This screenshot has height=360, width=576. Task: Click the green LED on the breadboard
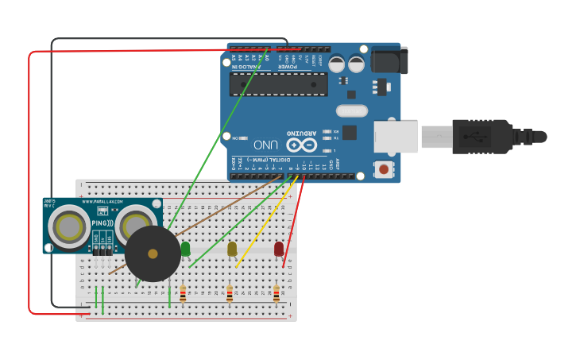(185, 250)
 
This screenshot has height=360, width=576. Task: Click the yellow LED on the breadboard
(232, 250)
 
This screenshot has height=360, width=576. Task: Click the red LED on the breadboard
(279, 250)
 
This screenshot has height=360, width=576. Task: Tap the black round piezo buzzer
(153, 254)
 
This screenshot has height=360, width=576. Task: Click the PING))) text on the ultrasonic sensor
(102, 224)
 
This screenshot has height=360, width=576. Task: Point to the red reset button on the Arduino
(385, 168)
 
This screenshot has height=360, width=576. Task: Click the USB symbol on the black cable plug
(481, 136)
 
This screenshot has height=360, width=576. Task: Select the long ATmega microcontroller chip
(279, 84)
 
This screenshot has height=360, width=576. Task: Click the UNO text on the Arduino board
(266, 145)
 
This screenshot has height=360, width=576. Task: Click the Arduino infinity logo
(302, 145)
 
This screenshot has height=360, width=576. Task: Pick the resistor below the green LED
(183, 293)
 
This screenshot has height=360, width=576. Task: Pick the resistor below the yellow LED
(230, 293)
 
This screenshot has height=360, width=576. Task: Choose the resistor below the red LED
(276, 293)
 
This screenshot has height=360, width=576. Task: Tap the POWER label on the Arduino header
(288, 67)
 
